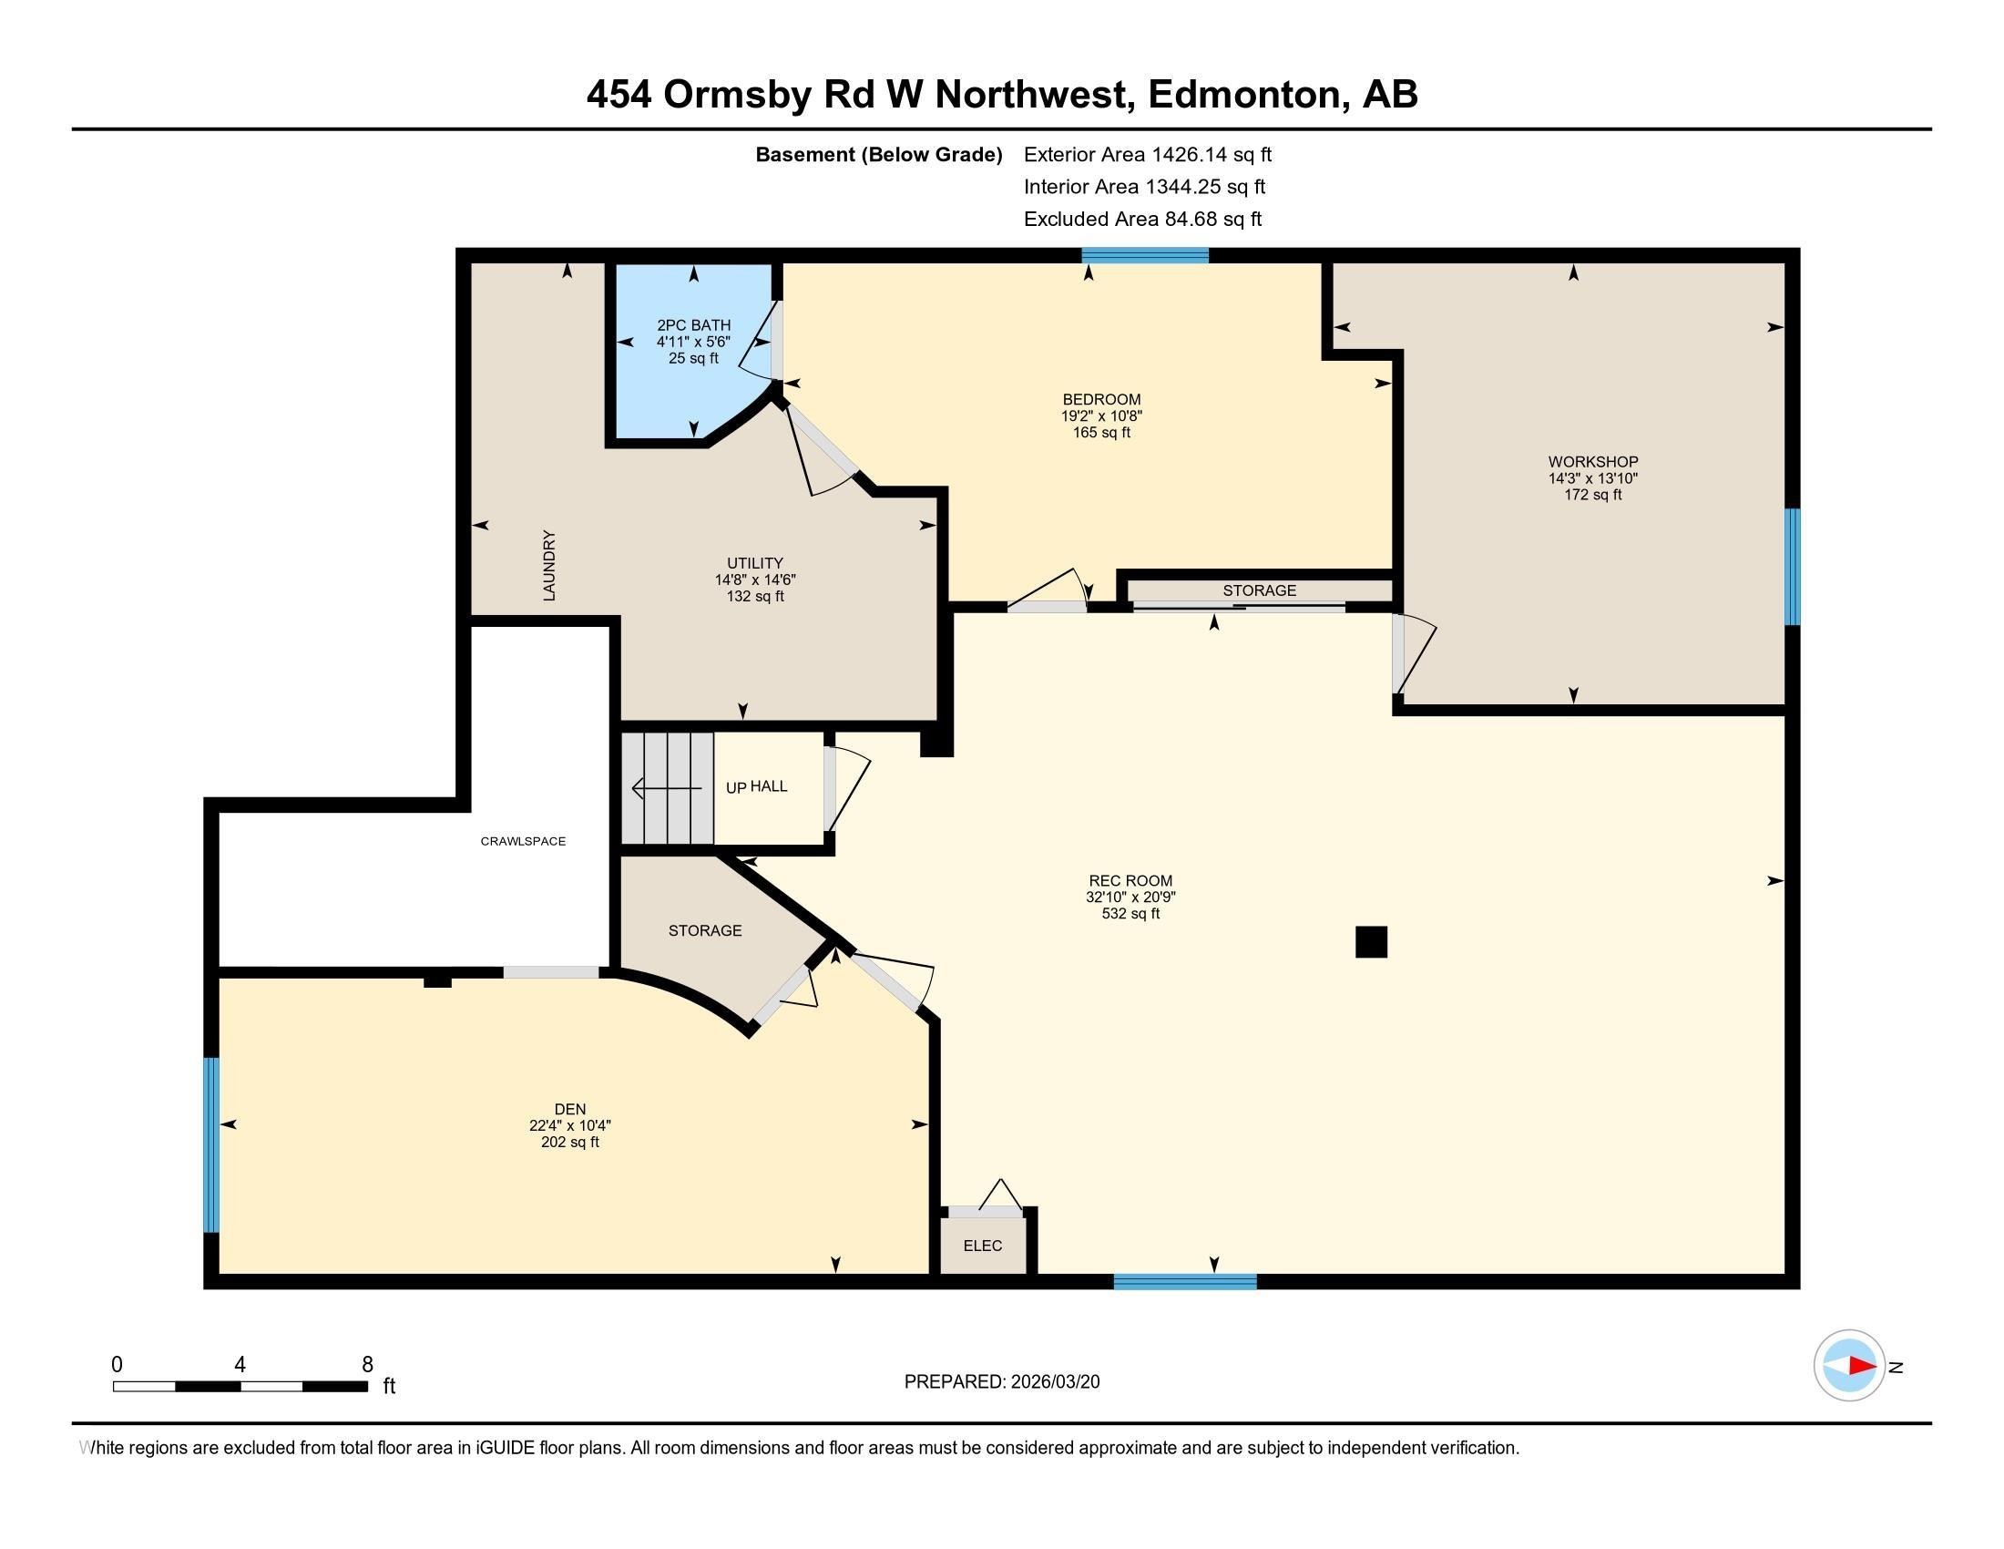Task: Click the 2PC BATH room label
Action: click(x=694, y=325)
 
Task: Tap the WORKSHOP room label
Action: click(x=1593, y=462)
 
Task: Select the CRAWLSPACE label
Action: click(x=523, y=842)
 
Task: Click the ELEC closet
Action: click(x=983, y=1246)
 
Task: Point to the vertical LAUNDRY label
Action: click(x=549, y=565)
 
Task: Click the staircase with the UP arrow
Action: click(x=667, y=788)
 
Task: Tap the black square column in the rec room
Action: click(x=1371, y=942)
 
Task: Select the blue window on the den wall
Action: click(x=211, y=1144)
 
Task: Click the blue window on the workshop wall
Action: click(x=1792, y=566)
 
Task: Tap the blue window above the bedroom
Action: click(x=1144, y=256)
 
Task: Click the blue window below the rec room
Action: click(x=1184, y=1282)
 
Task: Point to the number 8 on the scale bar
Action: click(x=367, y=1365)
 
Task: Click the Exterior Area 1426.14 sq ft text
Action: click(x=1147, y=155)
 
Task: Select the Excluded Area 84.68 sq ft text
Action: click(x=1142, y=220)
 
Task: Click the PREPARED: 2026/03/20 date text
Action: click(x=1002, y=1382)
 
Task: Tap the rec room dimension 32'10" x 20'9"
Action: click(x=1130, y=898)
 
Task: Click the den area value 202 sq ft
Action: click(x=570, y=1143)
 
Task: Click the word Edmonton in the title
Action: click(x=1248, y=95)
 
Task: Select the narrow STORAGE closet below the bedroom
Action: click(x=1259, y=590)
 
